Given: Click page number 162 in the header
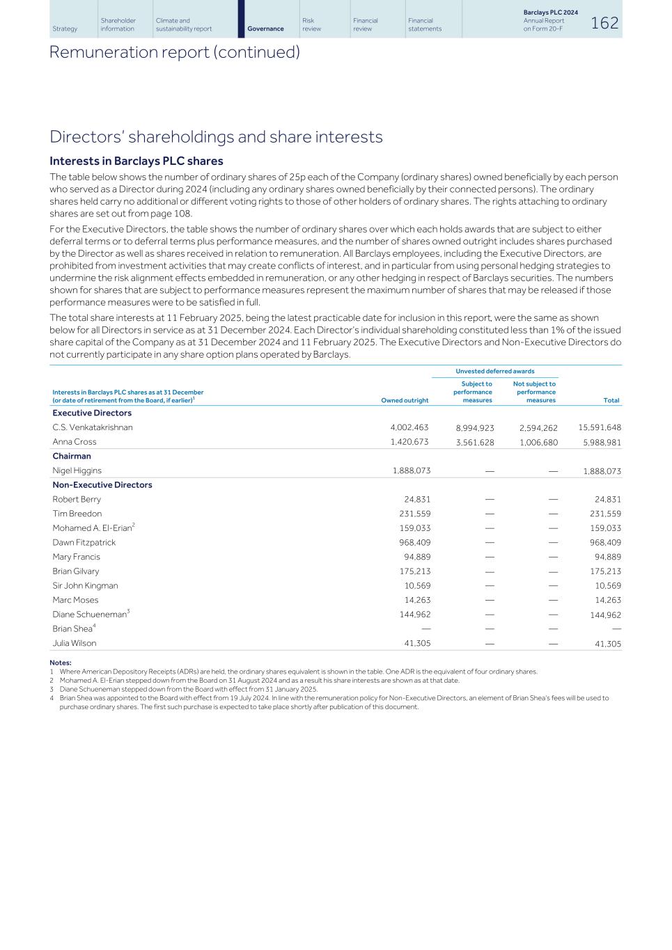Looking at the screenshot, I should (604, 24).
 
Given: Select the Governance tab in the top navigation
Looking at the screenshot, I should (265, 29).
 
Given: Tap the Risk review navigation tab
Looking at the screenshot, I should (311, 24).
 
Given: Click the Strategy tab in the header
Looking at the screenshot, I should (65, 29).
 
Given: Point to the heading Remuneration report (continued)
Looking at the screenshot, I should (174, 52).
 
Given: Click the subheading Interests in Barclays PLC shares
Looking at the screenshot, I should (136, 161).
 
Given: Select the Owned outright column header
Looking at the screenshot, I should (405, 400).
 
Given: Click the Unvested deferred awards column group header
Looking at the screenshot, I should (494, 371).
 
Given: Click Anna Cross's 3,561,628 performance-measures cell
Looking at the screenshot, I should (474, 443).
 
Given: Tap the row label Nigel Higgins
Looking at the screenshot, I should (77, 470).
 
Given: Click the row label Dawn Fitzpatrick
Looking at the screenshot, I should (84, 542).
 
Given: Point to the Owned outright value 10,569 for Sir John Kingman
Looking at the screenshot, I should (417, 585).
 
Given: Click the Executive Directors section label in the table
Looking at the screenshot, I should (92, 413).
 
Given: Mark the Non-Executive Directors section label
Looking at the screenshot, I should (102, 484).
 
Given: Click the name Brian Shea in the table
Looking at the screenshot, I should (72, 629).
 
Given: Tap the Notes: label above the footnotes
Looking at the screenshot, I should (61, 663).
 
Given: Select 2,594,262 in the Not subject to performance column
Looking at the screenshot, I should (538, 428).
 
